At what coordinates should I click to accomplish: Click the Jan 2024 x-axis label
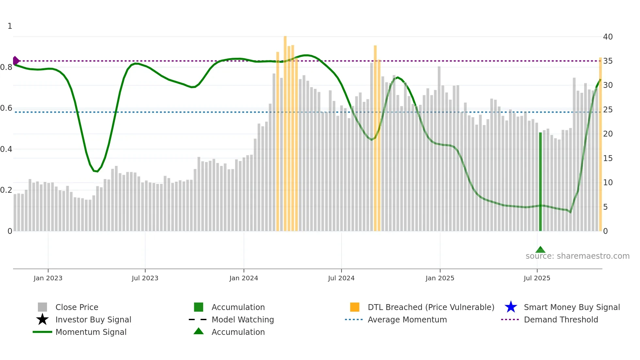tap(244, 278)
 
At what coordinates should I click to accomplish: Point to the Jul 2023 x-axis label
tap(145, 278)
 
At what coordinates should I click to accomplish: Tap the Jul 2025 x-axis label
tap(537, 278)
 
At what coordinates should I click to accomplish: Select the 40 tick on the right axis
tap(608, 37)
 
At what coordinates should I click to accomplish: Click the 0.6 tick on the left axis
tap(6, 108)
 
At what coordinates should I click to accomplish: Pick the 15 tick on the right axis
tap(608, 158)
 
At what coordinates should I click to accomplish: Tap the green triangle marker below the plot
tap(540, 250)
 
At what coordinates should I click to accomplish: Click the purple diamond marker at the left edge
tap(16, 61)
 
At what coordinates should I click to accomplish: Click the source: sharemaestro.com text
tap(577, 256)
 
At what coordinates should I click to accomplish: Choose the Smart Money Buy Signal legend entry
tap(571, 307)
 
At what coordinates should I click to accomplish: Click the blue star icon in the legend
tap(511, 307)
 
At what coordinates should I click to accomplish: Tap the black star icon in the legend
tap(42, 319)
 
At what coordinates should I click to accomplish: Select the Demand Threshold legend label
tap(561, 319)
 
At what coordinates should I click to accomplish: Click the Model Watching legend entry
tap(243, 319)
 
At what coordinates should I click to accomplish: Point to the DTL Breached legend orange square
tap(355, 307)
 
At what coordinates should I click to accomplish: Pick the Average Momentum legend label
tap(407, 319)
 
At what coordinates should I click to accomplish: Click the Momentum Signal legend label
tap(91, 332)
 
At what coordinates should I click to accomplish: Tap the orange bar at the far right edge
tap(600, 144)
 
